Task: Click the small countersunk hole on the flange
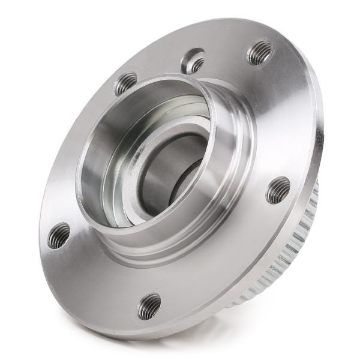pos(194,61)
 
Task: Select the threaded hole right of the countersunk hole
pos(260,53)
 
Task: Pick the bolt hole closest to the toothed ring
pos(278,191)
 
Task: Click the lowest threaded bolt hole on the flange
pos(149,307)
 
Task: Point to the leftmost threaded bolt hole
pos(59,235)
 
